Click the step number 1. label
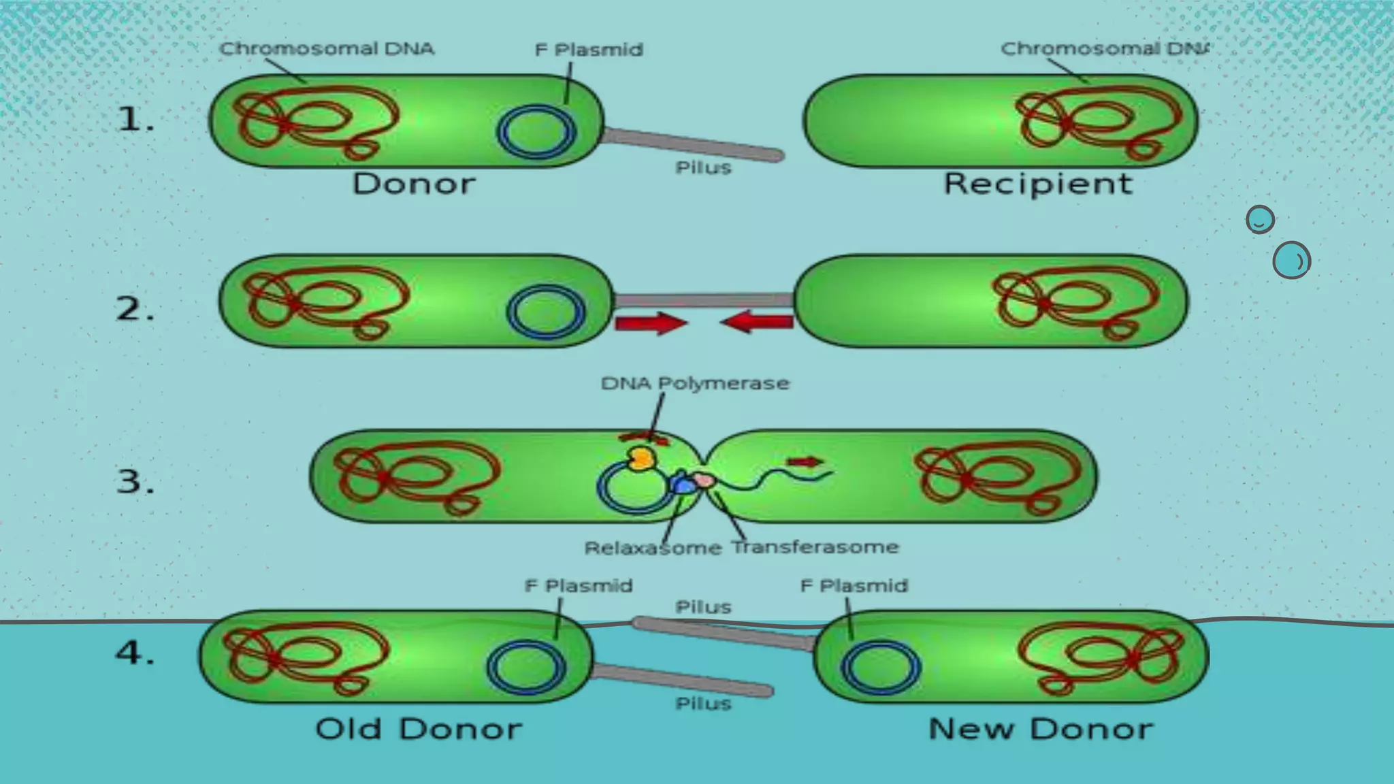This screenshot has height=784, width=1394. coord(135,120)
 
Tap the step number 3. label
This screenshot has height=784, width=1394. coord(135,482)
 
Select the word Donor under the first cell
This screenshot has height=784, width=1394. coord(413,184)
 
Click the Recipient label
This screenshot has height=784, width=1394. coord(1037,184)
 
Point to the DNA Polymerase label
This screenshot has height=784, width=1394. coord(695,383)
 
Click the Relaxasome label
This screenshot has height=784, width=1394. coord(652,548)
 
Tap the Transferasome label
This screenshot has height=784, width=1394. coord(815,547)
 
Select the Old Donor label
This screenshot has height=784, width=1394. coord(418,729)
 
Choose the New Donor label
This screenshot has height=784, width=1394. coord(1040,729)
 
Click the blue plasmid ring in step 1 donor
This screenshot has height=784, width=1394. coord(537,131)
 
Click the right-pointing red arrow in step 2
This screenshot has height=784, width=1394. coord(650,323)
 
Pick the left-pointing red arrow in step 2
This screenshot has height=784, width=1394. coord(757,321)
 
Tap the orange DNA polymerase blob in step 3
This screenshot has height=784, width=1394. coord(641,458)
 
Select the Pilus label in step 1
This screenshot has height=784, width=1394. coord(703,168)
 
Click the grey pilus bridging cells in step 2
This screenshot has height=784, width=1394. coord(704,300)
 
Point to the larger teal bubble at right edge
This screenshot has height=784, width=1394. coord(1291,260)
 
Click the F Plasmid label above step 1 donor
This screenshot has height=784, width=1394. coord(589,50)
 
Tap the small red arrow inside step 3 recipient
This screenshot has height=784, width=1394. coord(805,462)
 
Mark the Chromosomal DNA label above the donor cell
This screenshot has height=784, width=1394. coord(326,49)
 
